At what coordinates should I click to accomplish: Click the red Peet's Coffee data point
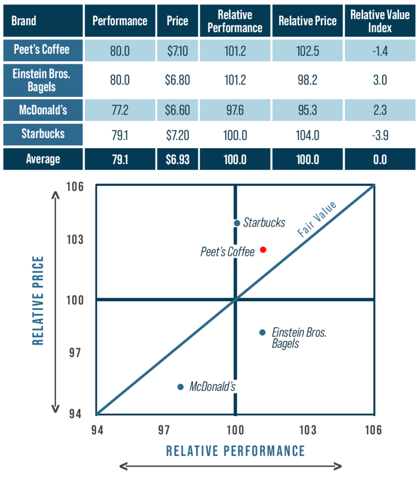click(x=263, y=249)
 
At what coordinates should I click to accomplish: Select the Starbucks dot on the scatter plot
click(x=237, y=223)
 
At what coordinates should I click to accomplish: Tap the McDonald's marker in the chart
click(x=180, y=387)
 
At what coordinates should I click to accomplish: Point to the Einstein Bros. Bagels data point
click(x=262, y=332)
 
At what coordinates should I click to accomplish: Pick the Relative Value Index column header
click(x=380, y=21)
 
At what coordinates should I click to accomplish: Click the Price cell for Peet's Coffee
click(x=177, y=50)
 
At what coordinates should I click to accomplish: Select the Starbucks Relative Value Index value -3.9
click(x=380, y=135)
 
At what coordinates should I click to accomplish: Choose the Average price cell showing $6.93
click(x=177, y=159)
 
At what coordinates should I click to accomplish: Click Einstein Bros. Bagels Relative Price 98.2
click(x=307, y=80)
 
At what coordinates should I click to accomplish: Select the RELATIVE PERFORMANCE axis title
click(x=235, y=451)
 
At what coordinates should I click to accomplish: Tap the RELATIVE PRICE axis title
click(x=38, y=300)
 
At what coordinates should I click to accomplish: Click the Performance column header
click(x=120, y=21)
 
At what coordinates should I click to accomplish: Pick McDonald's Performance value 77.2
click(x=120, y=111)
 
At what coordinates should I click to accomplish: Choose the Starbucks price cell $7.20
click(x=177, y=135)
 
